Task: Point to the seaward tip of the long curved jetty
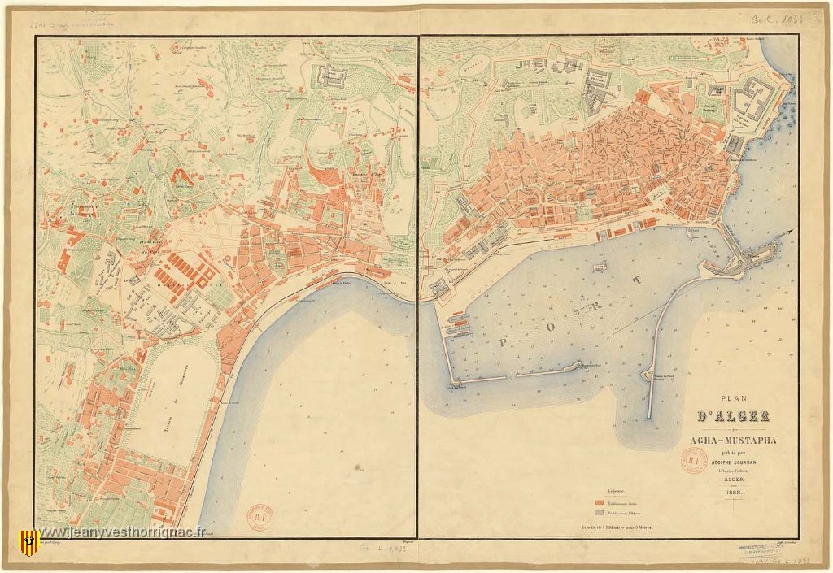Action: click(649, 416)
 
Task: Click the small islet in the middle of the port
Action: click(600, 266)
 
